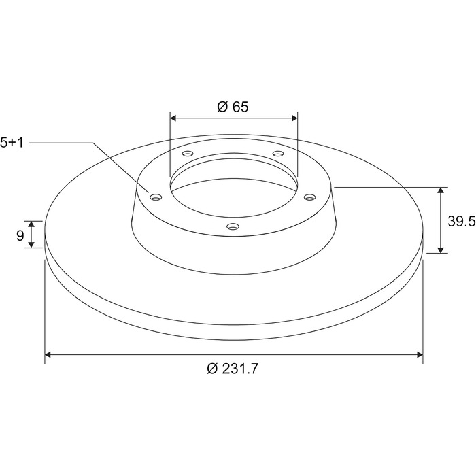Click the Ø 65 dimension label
(x=233, y=107)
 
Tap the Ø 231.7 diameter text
(x=233, y=369)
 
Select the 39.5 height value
(x=462, y=221)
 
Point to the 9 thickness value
(x=20, y=235)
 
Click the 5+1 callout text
(x=12, y=142)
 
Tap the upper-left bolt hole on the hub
(x=187, y=154)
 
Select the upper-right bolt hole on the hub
(x=277, y=154)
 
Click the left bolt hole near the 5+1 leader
(x=156, y=197)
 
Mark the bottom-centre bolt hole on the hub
(x=233, y=226)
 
